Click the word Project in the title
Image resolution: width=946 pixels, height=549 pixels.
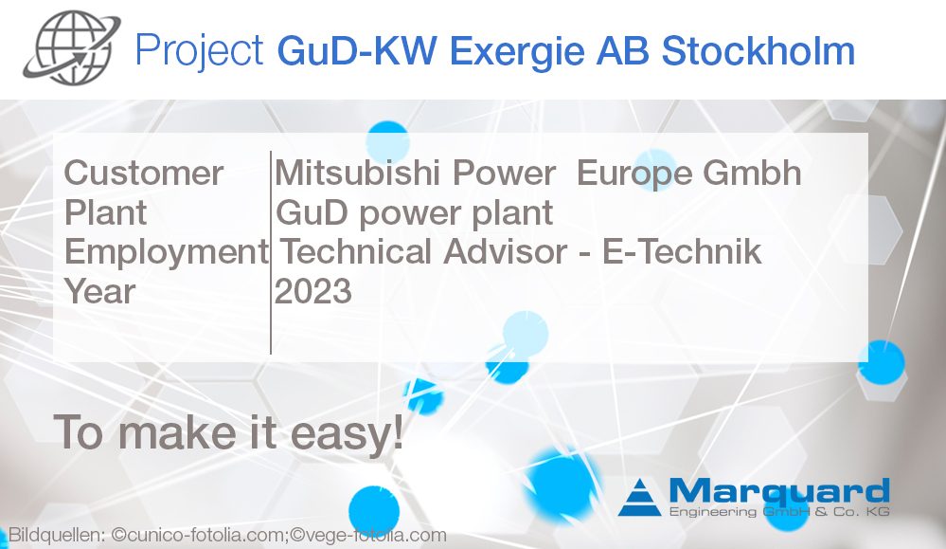(198, 50)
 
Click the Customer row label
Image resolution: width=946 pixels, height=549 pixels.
(143, 174)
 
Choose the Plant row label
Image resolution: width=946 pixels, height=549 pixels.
(105, 212)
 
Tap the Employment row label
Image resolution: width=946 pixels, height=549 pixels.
(166, 251)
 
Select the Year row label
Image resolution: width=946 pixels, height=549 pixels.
(99, 291)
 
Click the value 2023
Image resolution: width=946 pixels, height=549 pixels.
(312, 291)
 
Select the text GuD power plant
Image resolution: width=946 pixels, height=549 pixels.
(414, 212)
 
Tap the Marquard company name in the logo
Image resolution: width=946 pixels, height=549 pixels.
(778, 491)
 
